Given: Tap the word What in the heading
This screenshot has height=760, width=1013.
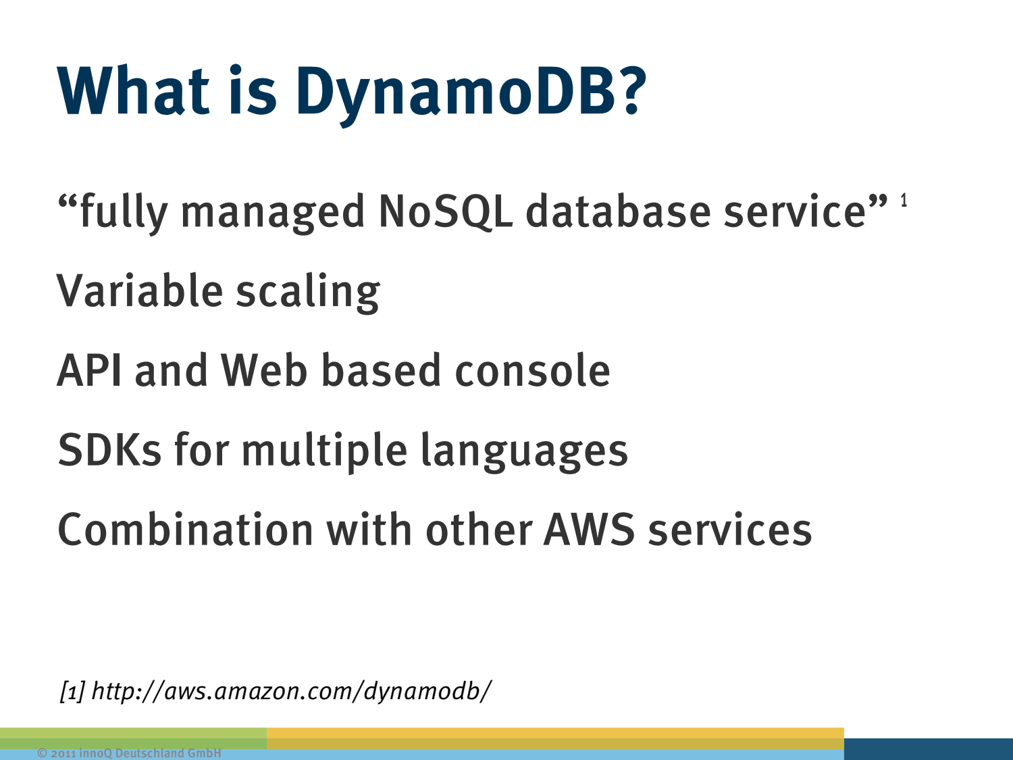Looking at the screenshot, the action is pyautogui.click(x=133, y=90).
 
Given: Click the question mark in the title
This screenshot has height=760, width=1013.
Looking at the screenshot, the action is pyautogui.click(x=631, y=90).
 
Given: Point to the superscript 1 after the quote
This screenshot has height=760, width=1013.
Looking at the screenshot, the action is pyautogui.click(x=904, y=200).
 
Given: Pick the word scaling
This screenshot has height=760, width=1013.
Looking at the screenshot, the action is pyautogui.click(x=308, y=293).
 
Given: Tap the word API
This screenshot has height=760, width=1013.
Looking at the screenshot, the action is pyautogui.click(x=90, y=370).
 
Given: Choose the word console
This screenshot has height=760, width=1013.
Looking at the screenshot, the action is pyautogui.click(x=533, y=370).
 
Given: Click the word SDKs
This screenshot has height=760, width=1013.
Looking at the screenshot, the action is pyautogui.click(x=109, y=450).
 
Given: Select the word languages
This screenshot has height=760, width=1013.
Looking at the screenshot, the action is pyautogui.click(x=524, y=453).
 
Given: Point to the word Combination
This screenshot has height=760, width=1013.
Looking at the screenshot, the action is pyautogui.click(x=186, y=529).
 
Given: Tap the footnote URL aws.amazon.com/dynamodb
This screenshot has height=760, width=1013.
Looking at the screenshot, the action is pyautogui.click(x=292, y=691).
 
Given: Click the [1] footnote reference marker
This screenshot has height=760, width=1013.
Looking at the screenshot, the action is pyautogui.click(x=72, y=691).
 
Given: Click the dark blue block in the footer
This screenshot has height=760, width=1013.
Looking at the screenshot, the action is pyautogui.click(x=929, y=749).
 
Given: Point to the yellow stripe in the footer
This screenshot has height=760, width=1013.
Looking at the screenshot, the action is pyautogui.click(x=555, y=738).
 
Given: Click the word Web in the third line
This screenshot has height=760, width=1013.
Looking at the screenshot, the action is pyautogui.click(x=264, y=370).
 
